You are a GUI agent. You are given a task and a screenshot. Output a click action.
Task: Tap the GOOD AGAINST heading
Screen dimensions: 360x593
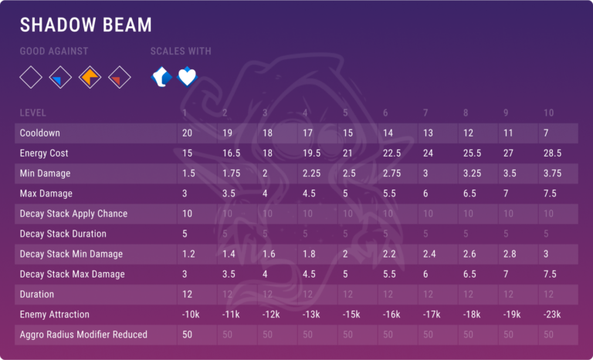point(54,52)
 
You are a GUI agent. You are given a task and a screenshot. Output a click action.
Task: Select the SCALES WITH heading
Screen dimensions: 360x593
point(181,52)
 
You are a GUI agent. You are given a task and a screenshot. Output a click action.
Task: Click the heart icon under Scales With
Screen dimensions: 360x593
point(188,77)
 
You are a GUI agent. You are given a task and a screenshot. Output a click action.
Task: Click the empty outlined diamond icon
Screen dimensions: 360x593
point(31,77)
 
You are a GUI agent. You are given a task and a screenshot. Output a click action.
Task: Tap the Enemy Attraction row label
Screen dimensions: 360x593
point(55,314)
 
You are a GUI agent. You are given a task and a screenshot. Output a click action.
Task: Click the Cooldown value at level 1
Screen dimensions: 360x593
point(188,133)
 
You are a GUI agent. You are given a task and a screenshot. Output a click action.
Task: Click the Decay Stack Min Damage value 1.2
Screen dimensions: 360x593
point(188,254)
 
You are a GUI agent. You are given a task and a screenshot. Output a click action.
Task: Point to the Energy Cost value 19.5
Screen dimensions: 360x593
point(310,153)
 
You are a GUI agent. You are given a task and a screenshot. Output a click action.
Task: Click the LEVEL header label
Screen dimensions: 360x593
point(33,113)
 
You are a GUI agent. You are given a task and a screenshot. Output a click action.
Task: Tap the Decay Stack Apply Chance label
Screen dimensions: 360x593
point(73,214)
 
